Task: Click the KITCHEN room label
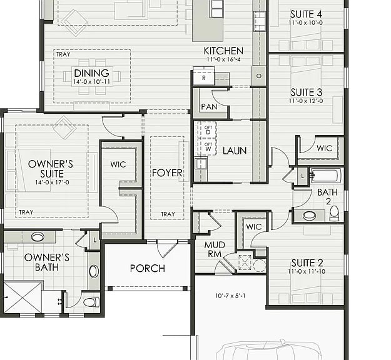[x=223, y=51]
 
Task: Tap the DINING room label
[x=91, y=73]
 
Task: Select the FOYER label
[x=167, y=172]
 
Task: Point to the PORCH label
[x=148, y=268]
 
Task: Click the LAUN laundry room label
[x=235, y=151]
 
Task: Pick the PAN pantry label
[x=209, y=107]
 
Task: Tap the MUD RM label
[x=215, y=249]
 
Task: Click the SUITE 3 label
[x=306, y=92]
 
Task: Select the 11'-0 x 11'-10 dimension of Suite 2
[x=307, y=271]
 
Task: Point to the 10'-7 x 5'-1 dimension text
[x=230, y=296]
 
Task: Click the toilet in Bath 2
[x=334, y=213]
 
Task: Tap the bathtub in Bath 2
[x=326, y=176]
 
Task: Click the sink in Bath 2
[x=309, y=216]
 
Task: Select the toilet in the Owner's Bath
[x=91, y=302]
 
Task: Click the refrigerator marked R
[x=204, y=77]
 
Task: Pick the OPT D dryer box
[x=208, y=130]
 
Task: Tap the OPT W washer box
[x=208, y=147]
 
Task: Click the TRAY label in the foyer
[x=168, y=214]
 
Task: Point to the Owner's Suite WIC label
[x=118, y=164]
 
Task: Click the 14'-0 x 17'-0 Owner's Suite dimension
[x=52, y=182]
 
